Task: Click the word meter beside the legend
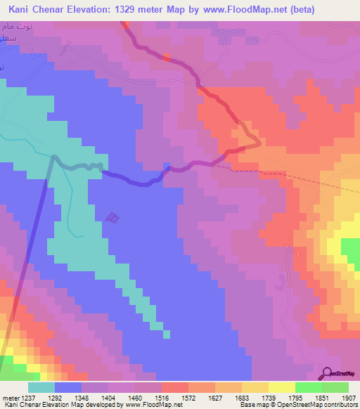(9, 397)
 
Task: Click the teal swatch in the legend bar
(41, 387)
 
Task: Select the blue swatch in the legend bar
(67, 387)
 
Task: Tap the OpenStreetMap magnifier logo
(326, 373)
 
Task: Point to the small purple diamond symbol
(112, 219)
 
